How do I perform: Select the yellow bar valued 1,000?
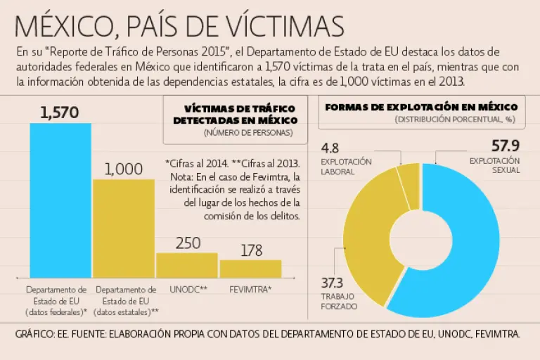(124, 229)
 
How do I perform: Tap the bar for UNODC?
(187, 265)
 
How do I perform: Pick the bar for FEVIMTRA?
(250, 269)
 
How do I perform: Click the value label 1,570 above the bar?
(60, 112)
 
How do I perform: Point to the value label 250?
(188, 243)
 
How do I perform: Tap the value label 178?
(251, 250)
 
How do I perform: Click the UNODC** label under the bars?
(188, 289)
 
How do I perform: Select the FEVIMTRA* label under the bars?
(251, 289)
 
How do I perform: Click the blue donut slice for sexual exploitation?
(478, 239)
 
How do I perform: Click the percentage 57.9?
(505, 147)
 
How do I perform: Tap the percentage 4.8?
(330, 148)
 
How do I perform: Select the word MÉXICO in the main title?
(60, 25)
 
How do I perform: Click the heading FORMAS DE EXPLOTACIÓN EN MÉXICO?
(422, 107)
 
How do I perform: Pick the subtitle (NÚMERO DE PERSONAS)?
(240, 132)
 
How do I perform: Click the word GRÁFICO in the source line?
(34, 335)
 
